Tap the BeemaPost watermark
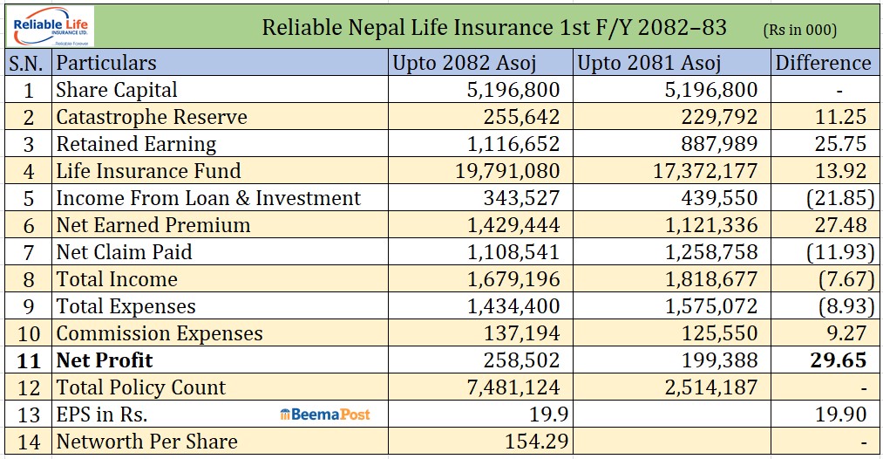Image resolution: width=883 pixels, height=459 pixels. [x=324, y=414]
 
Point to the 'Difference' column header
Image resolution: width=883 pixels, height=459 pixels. [x=823, y=63]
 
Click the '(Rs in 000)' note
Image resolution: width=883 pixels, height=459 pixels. [x=799, y=30]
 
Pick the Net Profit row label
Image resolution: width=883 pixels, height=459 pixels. [x=105, y=360]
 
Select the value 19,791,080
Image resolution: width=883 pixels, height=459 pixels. [x=507, y=171]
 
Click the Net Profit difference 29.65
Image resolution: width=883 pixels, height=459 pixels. [x=838, y=360]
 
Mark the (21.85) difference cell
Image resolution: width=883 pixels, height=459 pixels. [x=834, y=198]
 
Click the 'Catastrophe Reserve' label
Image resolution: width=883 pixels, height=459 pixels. [x=152, y=117]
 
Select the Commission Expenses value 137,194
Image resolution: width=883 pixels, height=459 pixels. [x=523, y=333]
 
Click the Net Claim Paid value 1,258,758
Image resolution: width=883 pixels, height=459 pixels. [x=707, y=252]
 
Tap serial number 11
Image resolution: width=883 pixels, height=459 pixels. [x=29, y=360]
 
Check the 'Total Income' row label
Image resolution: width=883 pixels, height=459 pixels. [x=117, y=279]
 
